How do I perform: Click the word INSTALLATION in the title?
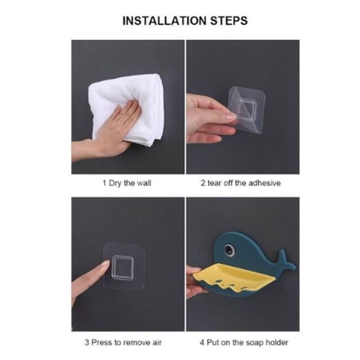(165, 21)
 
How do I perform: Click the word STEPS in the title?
(229, 21)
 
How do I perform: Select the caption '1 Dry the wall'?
(127, 183)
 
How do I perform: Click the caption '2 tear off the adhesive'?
(241, 183)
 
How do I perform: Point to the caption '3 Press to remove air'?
(123, 343)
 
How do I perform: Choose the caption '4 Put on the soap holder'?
(244, 343)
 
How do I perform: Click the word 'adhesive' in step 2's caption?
(264, 183)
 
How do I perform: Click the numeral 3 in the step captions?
(87, 343)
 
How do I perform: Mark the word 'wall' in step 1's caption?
(144, 183)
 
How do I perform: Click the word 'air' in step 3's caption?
(157, 343)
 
